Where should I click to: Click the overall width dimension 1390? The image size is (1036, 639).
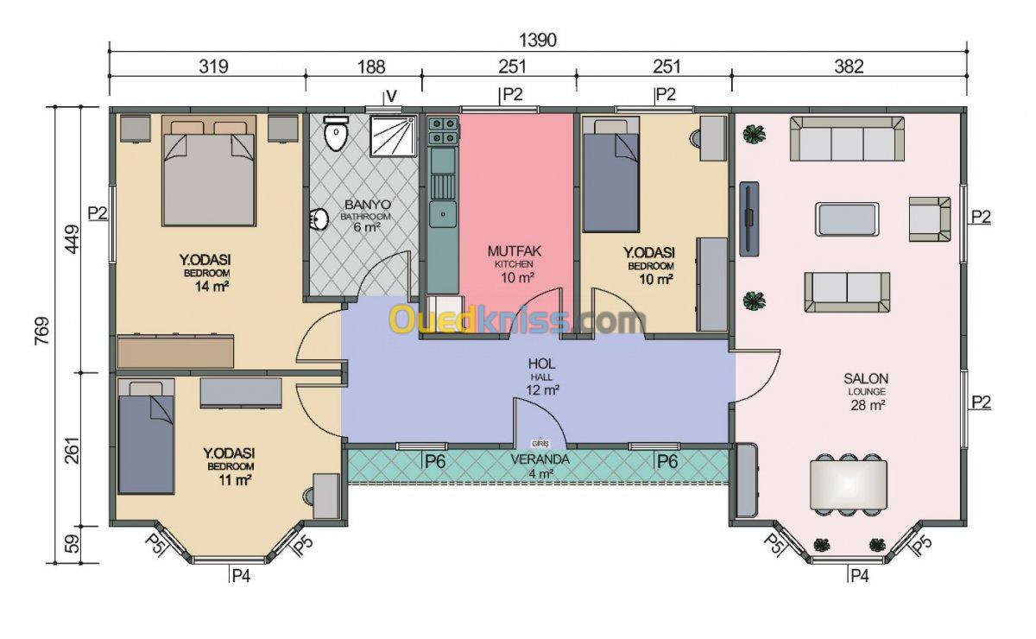537,41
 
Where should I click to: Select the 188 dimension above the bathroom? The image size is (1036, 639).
371,66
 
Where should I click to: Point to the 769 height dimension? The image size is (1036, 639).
41,331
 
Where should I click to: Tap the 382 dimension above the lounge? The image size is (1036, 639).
850,66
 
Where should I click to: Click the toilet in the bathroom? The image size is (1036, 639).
336,133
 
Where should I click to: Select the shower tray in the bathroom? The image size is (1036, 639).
393,136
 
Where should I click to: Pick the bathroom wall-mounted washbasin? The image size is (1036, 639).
319,218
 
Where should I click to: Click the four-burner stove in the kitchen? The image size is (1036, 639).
443,130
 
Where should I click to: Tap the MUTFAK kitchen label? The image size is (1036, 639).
514,251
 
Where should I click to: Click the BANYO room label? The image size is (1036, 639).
368,205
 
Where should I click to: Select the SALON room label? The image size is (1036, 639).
866,378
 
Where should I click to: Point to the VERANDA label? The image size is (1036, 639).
540,459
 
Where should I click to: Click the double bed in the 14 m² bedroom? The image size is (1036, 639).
209,171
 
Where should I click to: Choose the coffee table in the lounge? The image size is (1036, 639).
847,219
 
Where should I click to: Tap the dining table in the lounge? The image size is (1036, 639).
848,484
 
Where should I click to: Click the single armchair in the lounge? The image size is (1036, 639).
930,219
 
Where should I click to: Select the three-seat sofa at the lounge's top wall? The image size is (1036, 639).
847,138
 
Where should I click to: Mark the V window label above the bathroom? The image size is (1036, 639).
391,96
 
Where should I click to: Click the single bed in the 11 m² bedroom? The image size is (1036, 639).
146,437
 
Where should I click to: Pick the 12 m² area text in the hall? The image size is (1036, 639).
542,390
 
